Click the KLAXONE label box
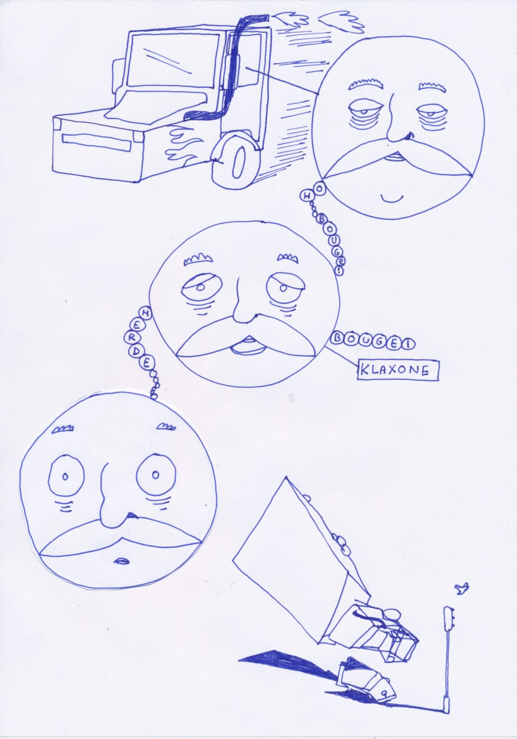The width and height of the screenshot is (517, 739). tap(397, 370)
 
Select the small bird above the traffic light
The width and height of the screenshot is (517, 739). tap(462, 588)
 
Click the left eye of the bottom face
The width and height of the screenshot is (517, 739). tap(65, 476)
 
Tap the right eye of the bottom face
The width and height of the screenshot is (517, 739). tap(156, 475)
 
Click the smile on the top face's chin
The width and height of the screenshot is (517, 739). tap(392, 199)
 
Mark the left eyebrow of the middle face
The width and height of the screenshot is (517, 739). tap(196, 259)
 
